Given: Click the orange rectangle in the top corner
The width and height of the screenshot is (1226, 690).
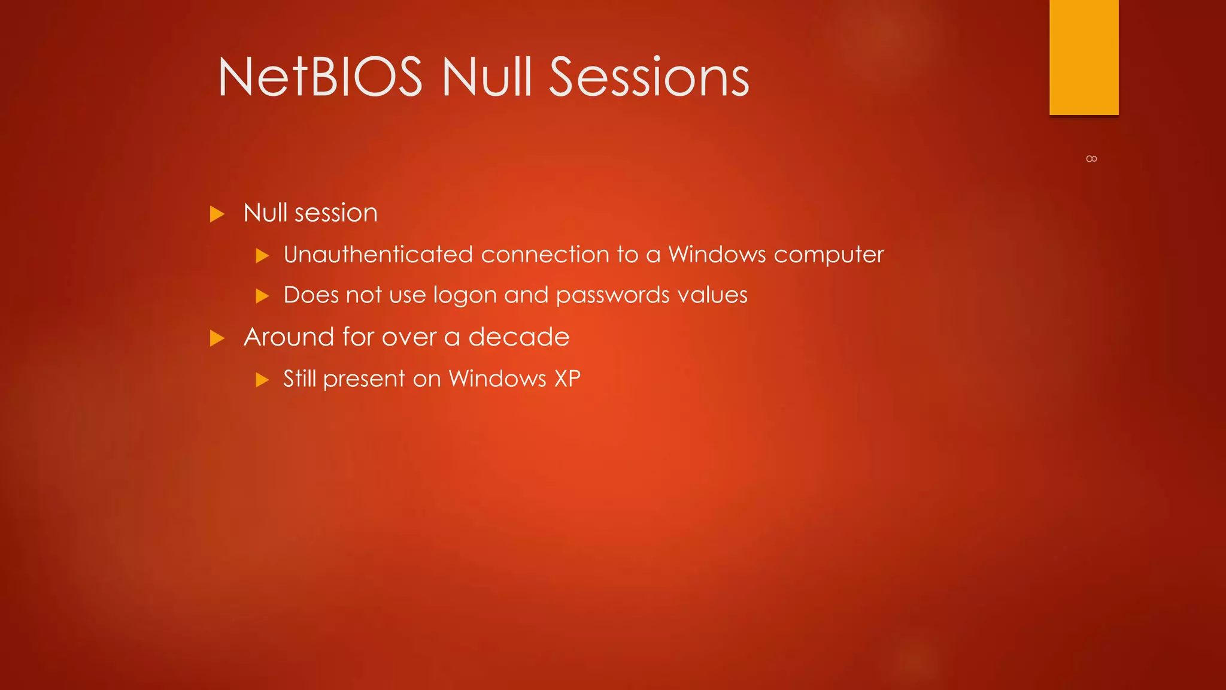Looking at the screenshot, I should point(1084,57).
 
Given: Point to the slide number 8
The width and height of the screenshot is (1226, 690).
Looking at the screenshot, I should point(1091,159).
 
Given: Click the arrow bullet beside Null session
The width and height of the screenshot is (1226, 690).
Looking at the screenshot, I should point(217,214).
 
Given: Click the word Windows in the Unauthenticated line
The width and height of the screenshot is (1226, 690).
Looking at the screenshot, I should point(717,255).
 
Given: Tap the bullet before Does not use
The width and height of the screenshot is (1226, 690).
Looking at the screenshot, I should point(262,296).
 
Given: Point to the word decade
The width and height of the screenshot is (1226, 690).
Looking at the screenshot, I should point(518,337).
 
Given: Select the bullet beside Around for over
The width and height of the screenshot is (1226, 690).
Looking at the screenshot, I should point(217,338).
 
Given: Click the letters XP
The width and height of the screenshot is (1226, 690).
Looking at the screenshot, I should point(568,379).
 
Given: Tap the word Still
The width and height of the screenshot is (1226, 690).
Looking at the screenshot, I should point(299,379).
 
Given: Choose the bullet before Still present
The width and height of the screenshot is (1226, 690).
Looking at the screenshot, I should point(262,380).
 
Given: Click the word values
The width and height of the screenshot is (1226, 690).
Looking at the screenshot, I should point(712,295).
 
